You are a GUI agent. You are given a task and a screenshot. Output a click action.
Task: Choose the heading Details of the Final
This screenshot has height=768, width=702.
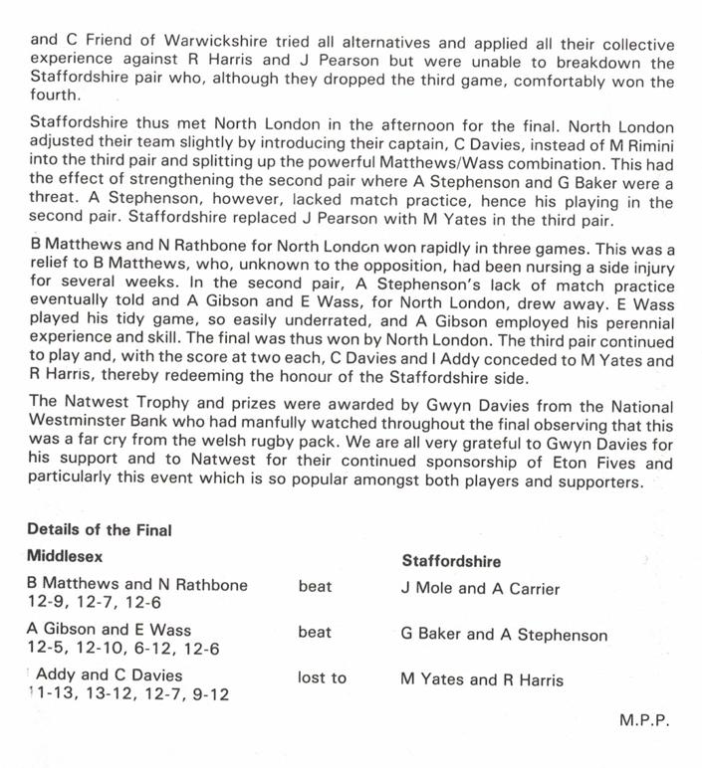(x=100, y=530)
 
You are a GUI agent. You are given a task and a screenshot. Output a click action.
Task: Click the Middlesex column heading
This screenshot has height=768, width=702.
(x=66, y=556)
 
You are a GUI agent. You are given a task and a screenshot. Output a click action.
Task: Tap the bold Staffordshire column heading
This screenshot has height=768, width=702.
(x=451, y=561)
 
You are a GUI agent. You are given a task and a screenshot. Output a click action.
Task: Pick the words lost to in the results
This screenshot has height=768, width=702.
(x=322, y=679)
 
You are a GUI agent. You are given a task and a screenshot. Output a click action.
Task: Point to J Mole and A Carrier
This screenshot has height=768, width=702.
(x=480, y=588)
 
